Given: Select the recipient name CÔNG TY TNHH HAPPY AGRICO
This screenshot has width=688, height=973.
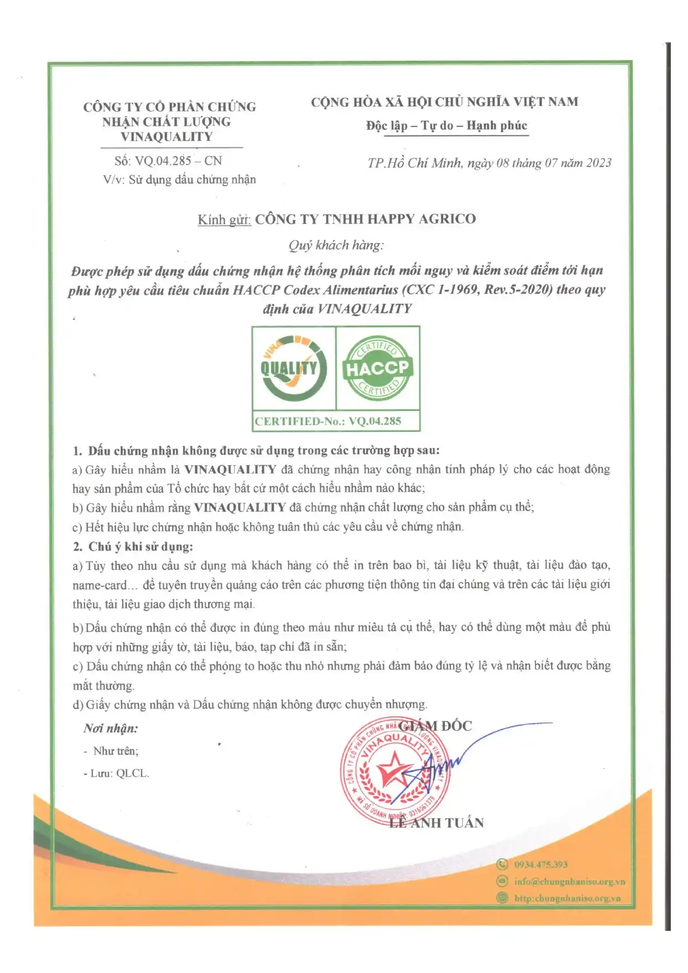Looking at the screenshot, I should [x=365, y=219].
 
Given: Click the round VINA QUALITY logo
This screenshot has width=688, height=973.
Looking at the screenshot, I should [x=293, y=368].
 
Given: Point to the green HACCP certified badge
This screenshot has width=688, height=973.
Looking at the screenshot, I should [x=377, y=368].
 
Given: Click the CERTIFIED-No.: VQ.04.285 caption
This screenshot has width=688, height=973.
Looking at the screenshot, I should [x=328, y=421].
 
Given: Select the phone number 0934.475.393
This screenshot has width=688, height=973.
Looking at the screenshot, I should [x=540, y=864].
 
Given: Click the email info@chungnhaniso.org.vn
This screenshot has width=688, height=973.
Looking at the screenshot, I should [x=569, y=882].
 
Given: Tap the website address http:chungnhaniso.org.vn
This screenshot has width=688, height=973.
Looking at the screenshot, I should [x=567, y=898].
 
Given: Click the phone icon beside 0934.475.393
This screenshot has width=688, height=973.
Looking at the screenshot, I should [x=502, y=864].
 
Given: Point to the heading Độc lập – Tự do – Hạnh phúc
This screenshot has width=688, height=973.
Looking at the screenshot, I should [x=447, y=125].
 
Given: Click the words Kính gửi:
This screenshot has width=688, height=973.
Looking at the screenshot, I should [x=224, y=220].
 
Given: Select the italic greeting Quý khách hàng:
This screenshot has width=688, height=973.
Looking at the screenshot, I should [x=336, y=245].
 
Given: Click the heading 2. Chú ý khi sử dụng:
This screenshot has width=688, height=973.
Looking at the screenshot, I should [x=133, y=546].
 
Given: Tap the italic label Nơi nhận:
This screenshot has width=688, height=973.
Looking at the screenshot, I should [x=110, y=728].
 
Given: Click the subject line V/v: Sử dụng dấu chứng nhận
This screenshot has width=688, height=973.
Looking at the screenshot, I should [x=179, y=179].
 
